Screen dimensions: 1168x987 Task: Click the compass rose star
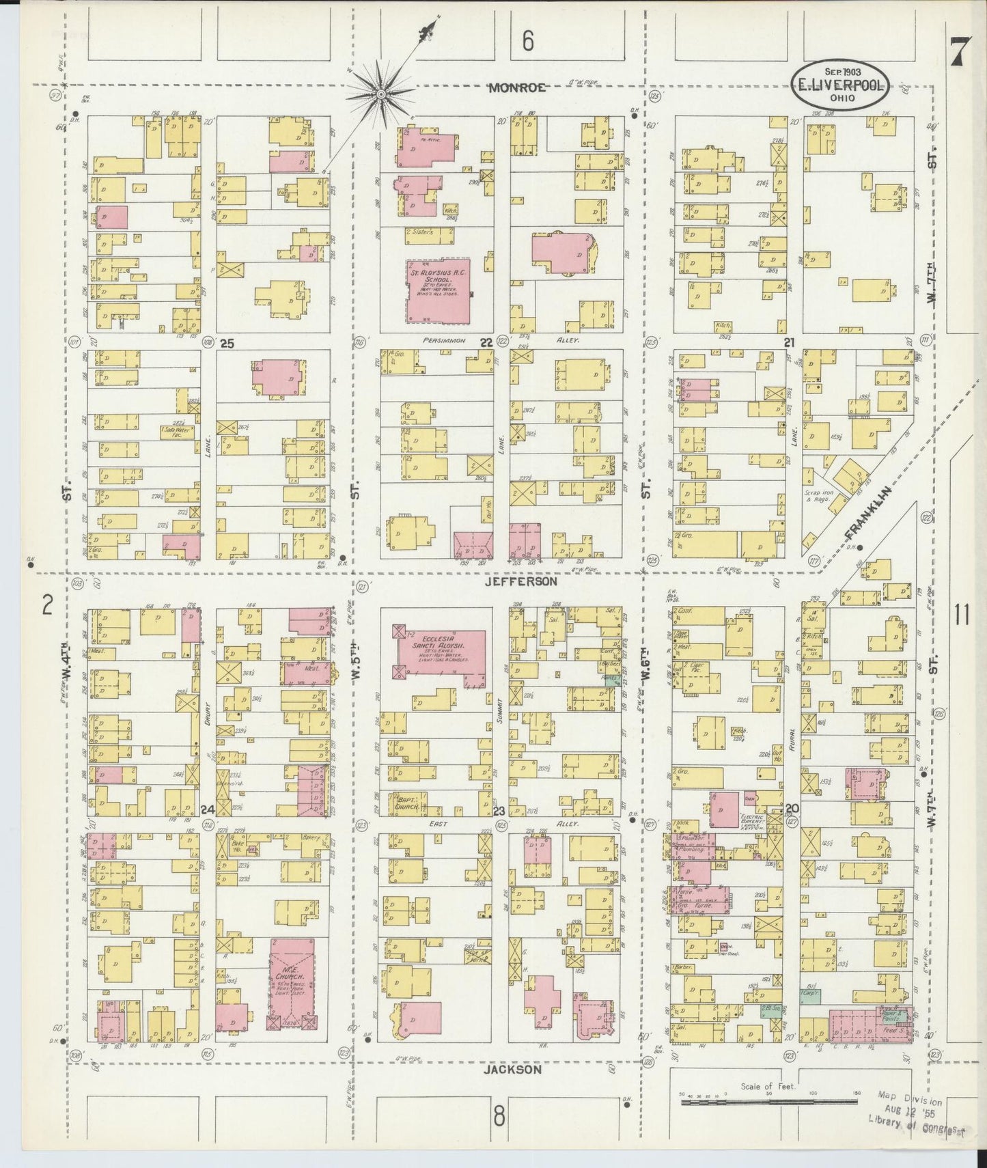[380, 93]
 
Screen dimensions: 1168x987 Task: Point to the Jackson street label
[513, 1070]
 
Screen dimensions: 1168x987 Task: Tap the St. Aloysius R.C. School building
[438, 290]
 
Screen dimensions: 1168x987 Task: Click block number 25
[227, 344]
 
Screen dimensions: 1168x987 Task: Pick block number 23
[499, 811]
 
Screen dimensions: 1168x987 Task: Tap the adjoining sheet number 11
[962, 615]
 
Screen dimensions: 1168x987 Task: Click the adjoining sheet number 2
[48, 605]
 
